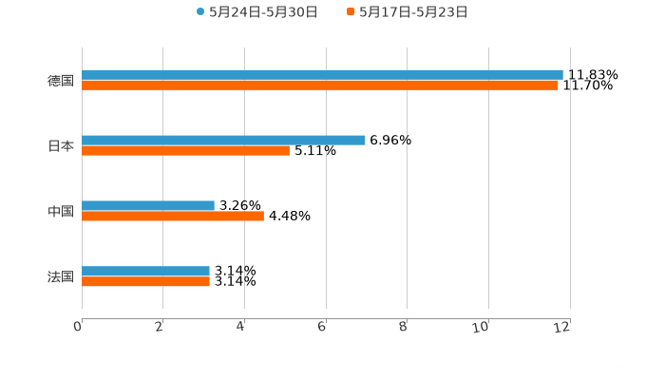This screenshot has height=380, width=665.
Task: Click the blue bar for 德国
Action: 322,74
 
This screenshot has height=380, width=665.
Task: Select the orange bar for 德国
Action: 320,85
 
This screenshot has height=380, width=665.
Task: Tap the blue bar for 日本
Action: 223,140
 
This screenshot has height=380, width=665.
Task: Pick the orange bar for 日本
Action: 185,150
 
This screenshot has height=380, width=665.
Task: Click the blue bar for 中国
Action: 148,205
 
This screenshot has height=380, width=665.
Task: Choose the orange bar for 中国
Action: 173,216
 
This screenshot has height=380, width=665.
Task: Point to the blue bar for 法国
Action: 145,271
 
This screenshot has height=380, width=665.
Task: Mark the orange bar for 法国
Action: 145,282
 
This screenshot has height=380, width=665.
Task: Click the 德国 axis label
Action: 61,81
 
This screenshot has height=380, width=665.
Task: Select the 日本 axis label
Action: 61,145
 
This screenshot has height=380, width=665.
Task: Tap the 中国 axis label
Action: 61,211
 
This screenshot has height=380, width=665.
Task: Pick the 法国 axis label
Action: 61,276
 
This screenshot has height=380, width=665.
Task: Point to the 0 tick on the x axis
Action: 79,327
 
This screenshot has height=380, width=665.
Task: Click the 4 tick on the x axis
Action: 241,327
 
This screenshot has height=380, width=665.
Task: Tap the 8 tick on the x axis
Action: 404,327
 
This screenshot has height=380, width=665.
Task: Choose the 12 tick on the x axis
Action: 563,327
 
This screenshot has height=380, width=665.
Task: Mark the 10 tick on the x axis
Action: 484,327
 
